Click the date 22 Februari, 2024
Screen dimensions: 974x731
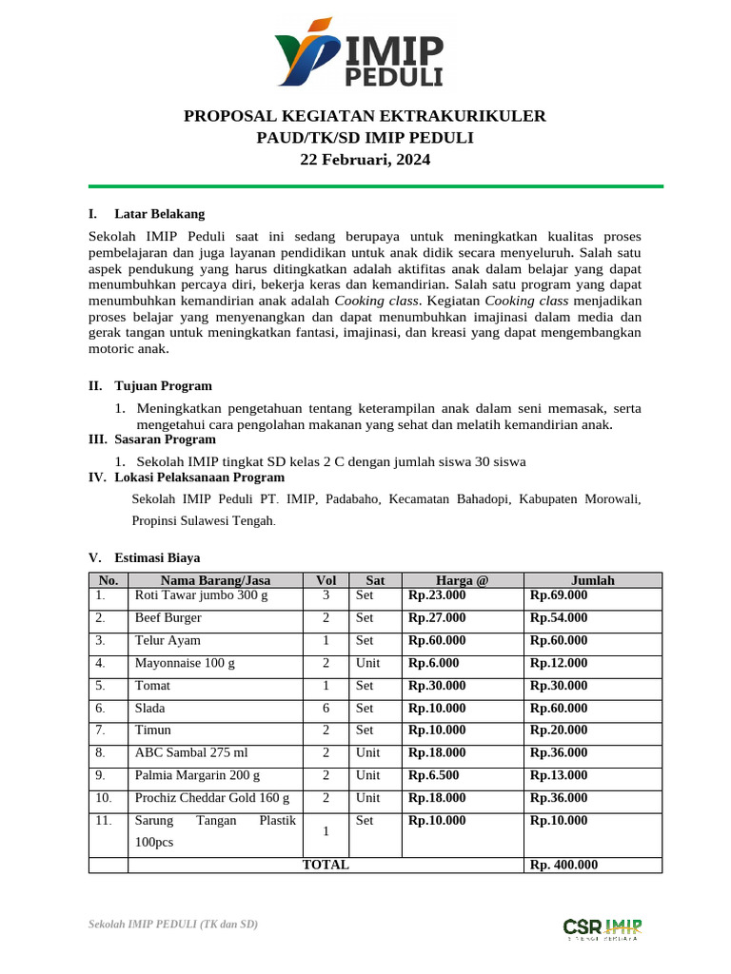pyautogui.click(x=365, y=160)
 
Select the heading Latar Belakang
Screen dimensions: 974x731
pyautogui.click(x=159, y=214)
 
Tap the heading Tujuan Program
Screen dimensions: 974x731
pyautogui.click(x=163, y=386)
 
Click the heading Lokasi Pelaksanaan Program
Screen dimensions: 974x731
pyautogui.click(x=199, y=477)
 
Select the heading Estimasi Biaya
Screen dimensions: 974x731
pyautogui.click(x=157, y=557)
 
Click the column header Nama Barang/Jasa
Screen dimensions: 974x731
pyautogui.click(x=215, y=580)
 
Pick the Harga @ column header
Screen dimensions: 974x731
pyautogui.click(x=462, y=580)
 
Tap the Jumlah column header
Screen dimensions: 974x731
pyautogui.click(x=592, y=580)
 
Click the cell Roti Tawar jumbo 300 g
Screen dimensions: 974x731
pyautogui.click(x=202, y=595)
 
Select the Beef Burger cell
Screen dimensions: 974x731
pyautogui.click(x=168, y=618)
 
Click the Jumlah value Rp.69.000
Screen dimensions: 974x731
pyautogui.click(x=559, y=595)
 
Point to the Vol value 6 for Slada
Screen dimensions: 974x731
pyautogui.click(x=326, y=709)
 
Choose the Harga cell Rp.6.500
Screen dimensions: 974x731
pyautogui.click(x=434, y=776)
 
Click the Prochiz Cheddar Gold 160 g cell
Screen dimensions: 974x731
pyautogui.click(x=212, y=798)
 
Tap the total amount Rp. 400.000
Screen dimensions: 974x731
pyautogui.click(x=564, y=866)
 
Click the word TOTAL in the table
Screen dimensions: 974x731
pyautogui.click(x=326, y=866)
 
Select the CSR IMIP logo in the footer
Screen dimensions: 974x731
pyautogui.click(x=602, y=927)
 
